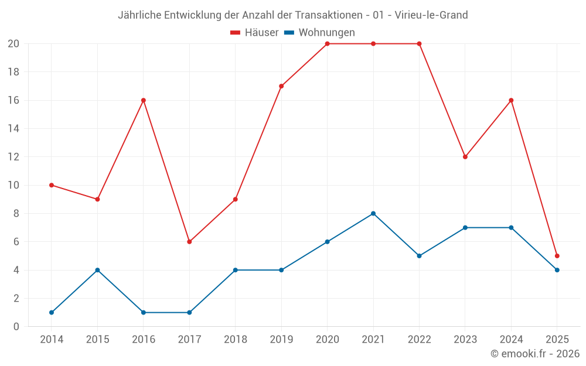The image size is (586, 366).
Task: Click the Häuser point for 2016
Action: (x=144, y=100)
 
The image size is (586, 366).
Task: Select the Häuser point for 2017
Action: (x=189, y=242)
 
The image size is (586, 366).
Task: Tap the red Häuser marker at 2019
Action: (x=281, y=86)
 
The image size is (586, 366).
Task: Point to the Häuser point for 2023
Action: (x=465, y=157)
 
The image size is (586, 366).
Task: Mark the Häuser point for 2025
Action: (x=557, y=256)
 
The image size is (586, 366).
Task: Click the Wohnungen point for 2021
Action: (x=373, y=213)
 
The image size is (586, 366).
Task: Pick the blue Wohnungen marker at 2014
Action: (x=52, y=313)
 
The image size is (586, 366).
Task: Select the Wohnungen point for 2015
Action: (x=97, y=270)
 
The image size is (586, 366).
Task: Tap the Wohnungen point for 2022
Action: (x=419, y=256)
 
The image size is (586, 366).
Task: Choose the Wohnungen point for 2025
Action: (x=557, y=270)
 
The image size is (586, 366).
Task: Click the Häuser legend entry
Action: (x=254, y=33)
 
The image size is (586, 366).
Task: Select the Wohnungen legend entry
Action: (x=319, y=33)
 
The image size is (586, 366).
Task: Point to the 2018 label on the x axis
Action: (x=235, y=340)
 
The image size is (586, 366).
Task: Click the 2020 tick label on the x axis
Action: (x=327, y=340)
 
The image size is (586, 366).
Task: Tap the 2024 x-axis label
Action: (x=511, y=340)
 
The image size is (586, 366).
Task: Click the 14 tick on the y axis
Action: (x=13, y=129)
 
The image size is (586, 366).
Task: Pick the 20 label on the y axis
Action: (x=13, y=44)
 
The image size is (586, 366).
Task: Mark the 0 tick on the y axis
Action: (x=16, y=327)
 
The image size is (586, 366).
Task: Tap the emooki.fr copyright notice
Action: (x=535, y=354)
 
